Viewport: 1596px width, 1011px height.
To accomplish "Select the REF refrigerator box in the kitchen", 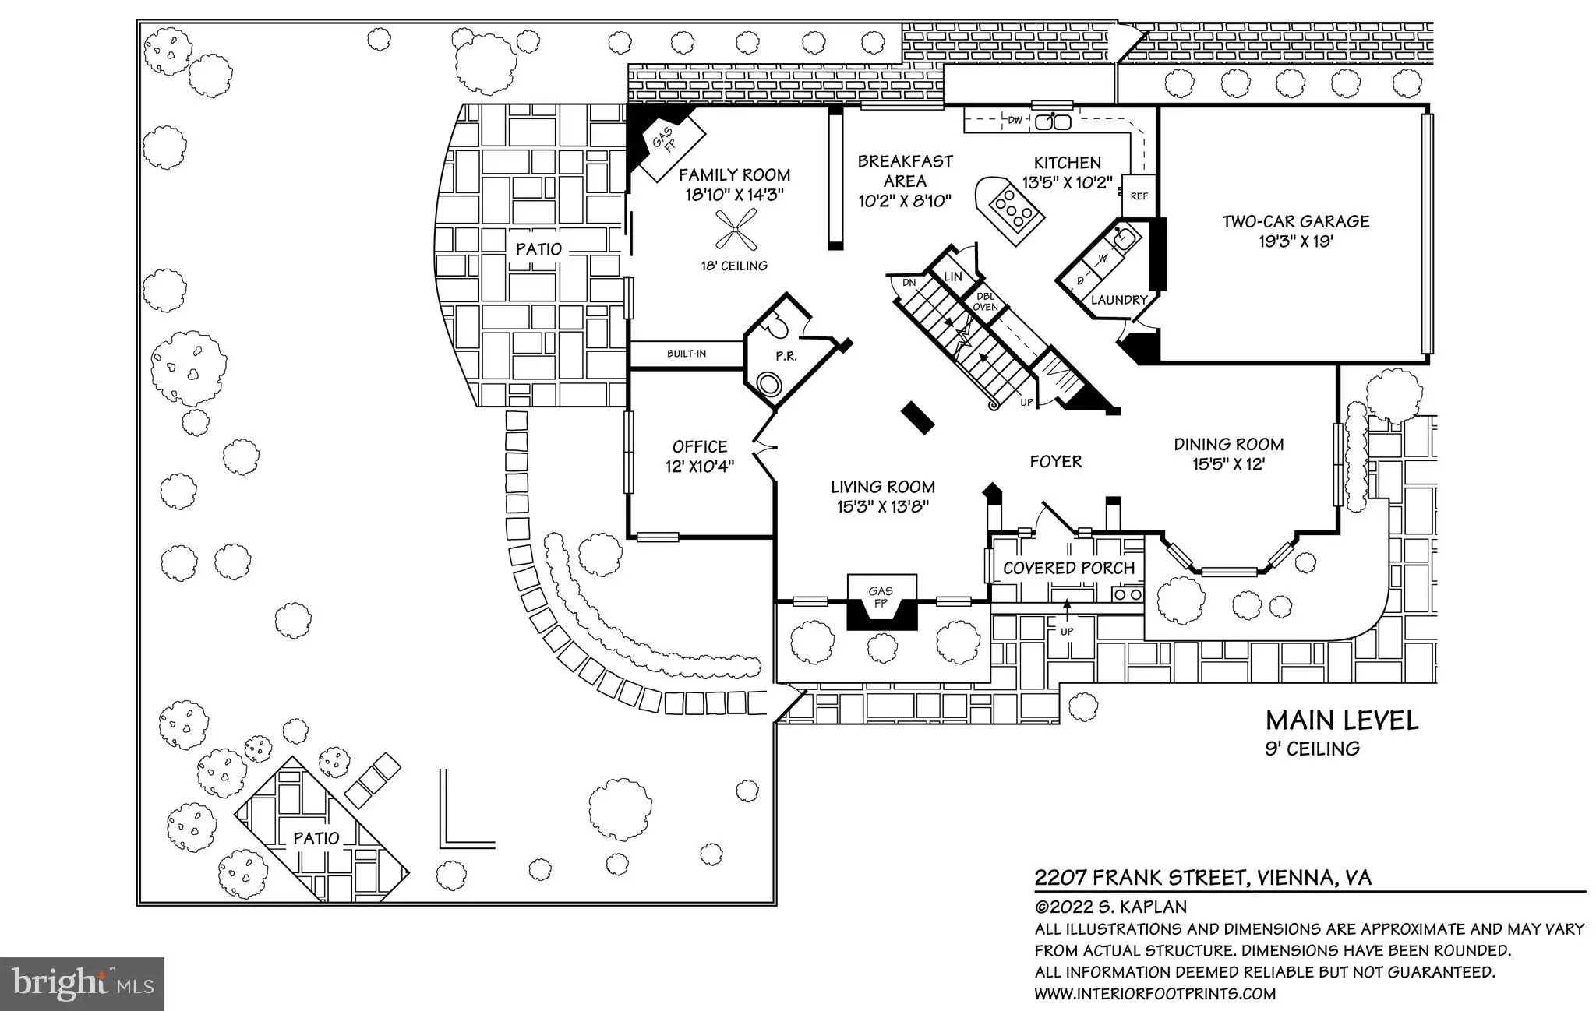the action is coord(1139,196).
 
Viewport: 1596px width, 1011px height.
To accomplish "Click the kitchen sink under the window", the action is coord(1053,122).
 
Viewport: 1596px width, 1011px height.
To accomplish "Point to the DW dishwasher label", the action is coord(1015,121).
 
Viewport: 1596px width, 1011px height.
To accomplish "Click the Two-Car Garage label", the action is coord(1295,221).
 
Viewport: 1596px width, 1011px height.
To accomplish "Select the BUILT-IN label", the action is coord(687,354).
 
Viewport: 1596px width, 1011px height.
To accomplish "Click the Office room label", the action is coord(700,446).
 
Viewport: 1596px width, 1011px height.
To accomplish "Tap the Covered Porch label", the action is coord(1068,568).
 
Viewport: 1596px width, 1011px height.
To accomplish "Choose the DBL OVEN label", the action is coord(985,301).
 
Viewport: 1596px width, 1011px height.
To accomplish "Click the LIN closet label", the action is coord(952,277).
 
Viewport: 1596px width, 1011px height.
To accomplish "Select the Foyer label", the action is coord(1056,461).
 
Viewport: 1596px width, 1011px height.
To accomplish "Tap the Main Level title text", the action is coord(1341,720).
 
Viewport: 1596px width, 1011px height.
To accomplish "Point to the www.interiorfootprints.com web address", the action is coord(1155,994).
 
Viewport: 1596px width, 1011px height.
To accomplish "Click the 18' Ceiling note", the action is coord(733,266).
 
